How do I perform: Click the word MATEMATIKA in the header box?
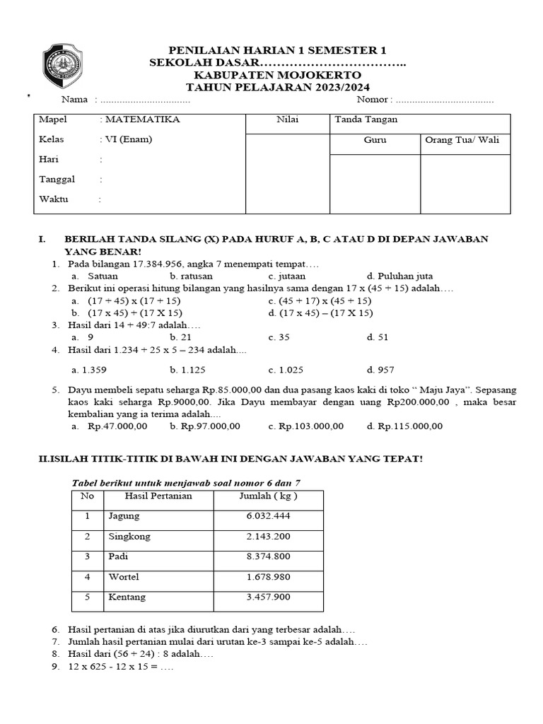(140, 119)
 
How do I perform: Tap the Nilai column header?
(287, 119)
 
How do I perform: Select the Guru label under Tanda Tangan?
(375, 140)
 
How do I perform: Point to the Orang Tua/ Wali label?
(462, 140)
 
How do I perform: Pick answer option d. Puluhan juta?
(400, 276)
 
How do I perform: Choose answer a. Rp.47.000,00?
(110, 426)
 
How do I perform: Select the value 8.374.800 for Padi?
(268, 556)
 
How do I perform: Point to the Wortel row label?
(124, 577)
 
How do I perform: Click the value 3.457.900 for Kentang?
(268, 597)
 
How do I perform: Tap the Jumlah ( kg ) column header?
(268, 496)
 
